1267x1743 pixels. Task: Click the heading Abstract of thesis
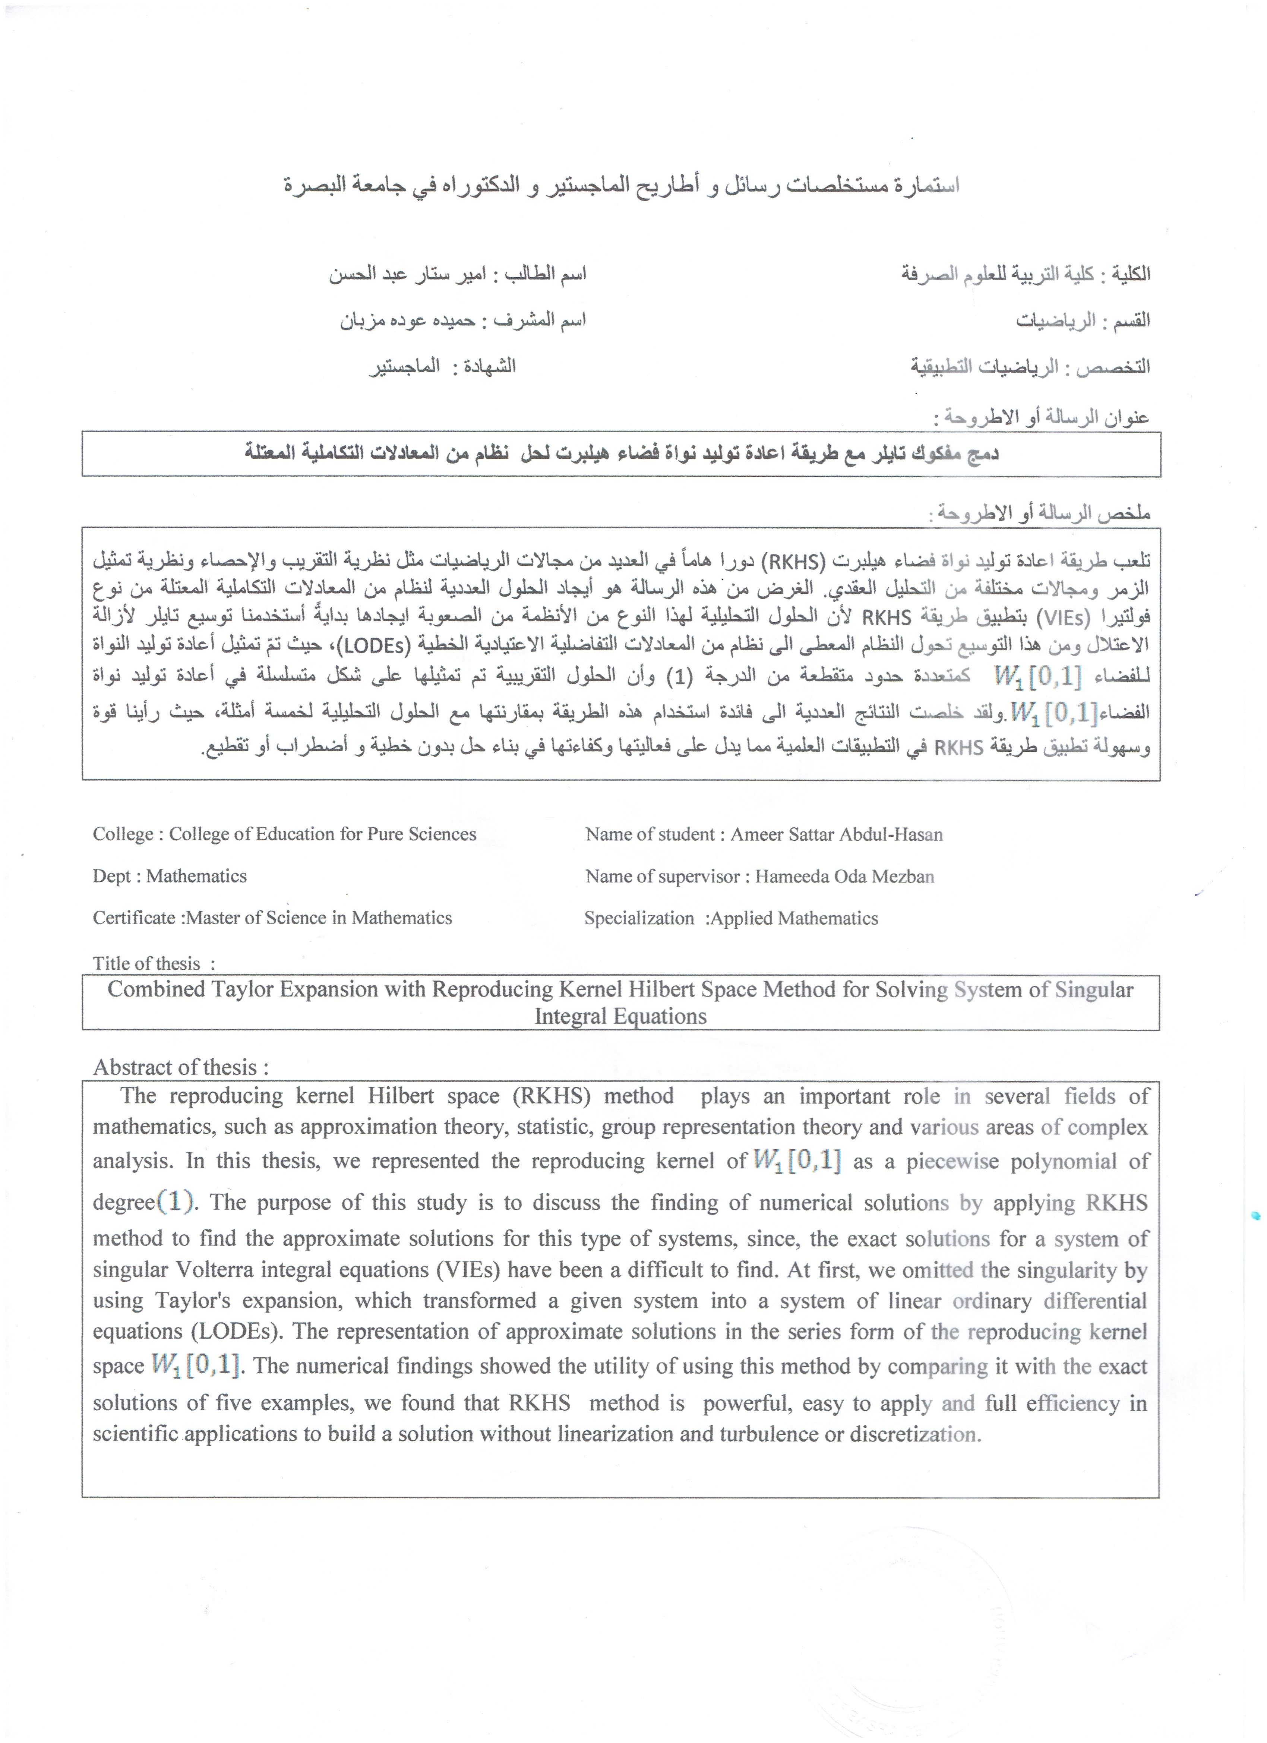(181, 1067)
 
